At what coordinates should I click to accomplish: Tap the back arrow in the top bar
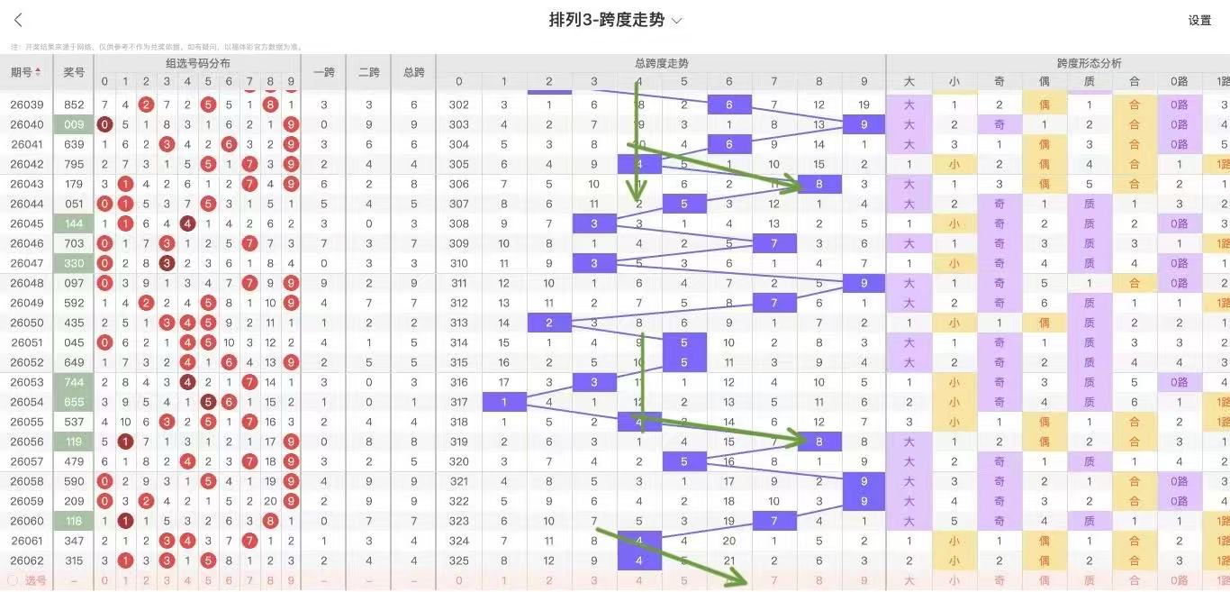18,20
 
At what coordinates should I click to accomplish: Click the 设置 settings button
1199,21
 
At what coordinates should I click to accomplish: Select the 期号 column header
25,72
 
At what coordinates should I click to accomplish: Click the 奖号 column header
74,72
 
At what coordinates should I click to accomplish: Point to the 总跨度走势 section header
661,63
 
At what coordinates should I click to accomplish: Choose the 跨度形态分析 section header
1089,63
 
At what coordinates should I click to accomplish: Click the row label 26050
27,323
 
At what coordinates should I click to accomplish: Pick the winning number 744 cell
74,382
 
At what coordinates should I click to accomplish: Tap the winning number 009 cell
74,124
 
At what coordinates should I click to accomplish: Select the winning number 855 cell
74,402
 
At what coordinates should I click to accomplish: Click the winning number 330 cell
74,263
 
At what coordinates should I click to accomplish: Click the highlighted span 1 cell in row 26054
504,402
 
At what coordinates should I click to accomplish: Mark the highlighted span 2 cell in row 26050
549,323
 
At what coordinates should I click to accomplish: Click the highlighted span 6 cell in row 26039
729,105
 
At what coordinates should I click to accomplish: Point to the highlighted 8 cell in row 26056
818,442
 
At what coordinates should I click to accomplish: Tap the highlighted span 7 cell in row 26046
773,243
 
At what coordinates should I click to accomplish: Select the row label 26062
27,560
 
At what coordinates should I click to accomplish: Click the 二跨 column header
368,72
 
